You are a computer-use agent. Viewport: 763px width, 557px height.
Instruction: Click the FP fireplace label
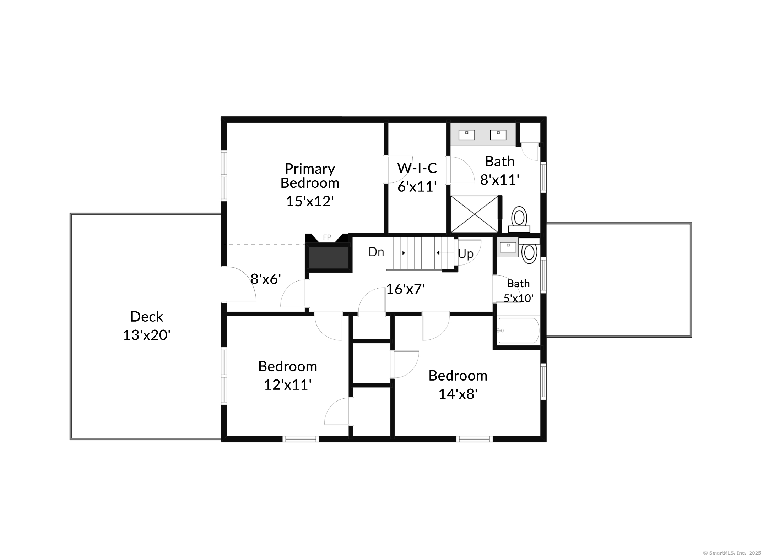tap(327, 237)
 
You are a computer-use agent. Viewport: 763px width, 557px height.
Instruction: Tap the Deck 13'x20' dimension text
tap(147, 335)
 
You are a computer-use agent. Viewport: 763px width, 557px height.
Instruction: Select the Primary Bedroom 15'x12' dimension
tap(310, 201)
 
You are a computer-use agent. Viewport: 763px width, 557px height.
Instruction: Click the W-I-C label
tap(417, 168)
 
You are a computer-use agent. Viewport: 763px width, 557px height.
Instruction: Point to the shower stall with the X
tap(474, 214)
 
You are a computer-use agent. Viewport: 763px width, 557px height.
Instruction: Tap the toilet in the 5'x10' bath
tap(529, 251)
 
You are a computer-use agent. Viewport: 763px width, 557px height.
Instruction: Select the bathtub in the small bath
tap(519, 331)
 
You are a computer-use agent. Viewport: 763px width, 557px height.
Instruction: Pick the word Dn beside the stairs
tap(376, 252)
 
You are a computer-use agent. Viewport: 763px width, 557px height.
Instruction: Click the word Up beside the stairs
tap(466, 254)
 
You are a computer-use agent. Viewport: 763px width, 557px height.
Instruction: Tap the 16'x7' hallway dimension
tap(406, 289)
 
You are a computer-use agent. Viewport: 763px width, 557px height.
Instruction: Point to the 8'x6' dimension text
tap(266, 279)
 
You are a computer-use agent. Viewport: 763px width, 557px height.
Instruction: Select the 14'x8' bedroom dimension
tap(458, 394)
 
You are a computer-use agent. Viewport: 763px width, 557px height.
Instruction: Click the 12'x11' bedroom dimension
tap(288, 384)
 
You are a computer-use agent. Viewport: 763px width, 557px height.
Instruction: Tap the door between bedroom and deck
tap(238, 284)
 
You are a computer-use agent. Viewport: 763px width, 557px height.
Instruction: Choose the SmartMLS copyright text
tap(732, 553)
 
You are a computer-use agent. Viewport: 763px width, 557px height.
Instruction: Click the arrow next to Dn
tap(396, 253)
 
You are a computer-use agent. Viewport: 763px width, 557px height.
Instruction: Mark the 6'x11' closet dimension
tap(417, 187)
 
